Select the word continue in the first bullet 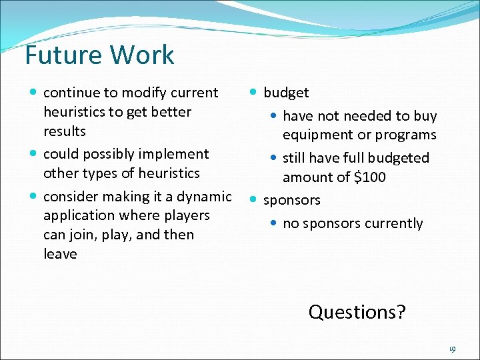(70, 93)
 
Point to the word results (65, 131)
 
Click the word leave (60, 254)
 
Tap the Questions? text (357, 312)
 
